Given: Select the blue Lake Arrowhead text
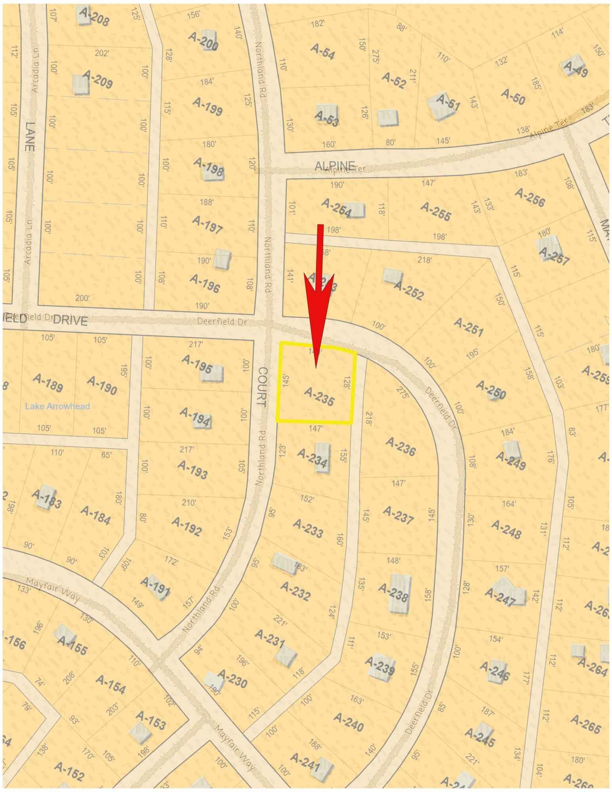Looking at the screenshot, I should [57, 406].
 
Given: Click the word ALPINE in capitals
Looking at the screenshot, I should [335, 166].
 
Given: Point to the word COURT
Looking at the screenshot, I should [262, 386].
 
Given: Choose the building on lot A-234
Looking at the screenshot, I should [322, 457].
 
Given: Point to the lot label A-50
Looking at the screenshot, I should [513, 96].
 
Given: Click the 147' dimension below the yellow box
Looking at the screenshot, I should [316, 428].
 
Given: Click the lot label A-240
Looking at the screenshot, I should [349, 722].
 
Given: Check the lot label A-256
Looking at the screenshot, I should [530, 197].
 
